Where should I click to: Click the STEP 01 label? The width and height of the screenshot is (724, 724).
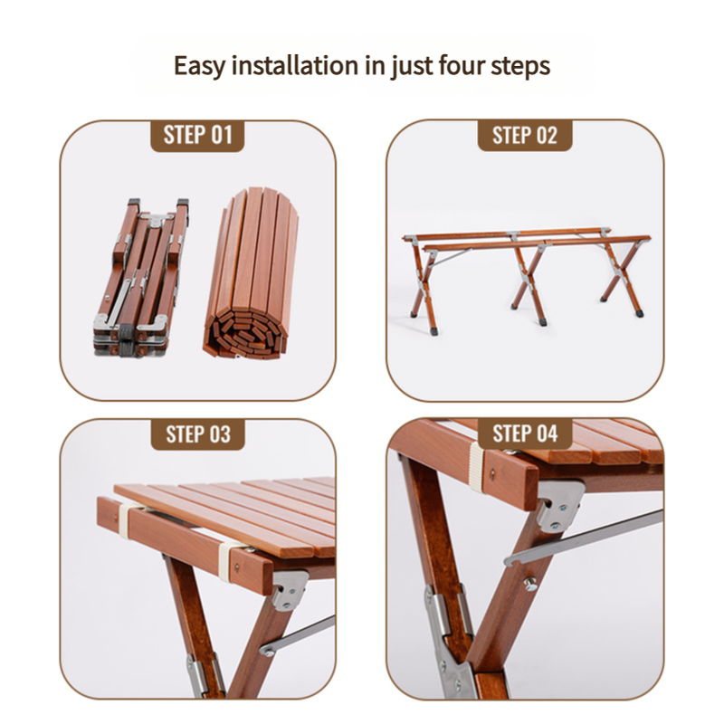point(197,136)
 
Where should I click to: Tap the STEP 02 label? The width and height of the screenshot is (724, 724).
point(525,136)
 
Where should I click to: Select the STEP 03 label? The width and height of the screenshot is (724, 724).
point(197,433)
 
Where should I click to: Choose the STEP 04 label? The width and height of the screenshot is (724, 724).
point(525,433)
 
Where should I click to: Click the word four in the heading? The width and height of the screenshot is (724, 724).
point(461,66)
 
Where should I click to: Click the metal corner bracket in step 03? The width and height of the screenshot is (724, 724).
point(289,589)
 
